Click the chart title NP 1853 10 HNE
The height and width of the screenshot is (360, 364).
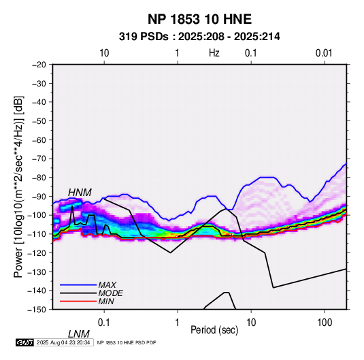click(x=199, y=19)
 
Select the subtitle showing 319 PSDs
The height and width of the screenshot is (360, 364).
click(x=199, y=37)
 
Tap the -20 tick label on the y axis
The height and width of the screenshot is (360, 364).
click(x=39, y=65)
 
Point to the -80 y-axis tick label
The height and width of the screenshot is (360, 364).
click(x=39, y=178)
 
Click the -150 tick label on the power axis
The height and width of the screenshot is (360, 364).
click(x=37, y=310)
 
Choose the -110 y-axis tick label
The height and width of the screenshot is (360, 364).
click(x=37, y=234)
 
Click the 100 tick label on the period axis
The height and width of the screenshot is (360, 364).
click(x=325, y=323)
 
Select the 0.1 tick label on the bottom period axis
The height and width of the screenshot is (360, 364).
click(x=103, y=323)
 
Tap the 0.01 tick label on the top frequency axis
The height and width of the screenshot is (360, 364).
click(x=324, y=53)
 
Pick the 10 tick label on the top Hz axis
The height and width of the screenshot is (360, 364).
click(x=104, y=53)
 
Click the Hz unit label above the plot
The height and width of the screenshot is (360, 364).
click(x=214, y=53)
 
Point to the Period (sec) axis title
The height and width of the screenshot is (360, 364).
click(x=214, y=330)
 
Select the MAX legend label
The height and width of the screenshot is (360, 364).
click(x=107, y=284)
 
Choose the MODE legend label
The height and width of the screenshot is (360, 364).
click(x=110, y=293)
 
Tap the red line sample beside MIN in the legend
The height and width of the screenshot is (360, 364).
click(x=78, y=301)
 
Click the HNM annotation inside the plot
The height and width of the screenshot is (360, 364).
click(x=80, y=193)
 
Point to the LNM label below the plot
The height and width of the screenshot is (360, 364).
click(x=78, y=334)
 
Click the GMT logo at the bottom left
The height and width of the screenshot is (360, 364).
click(x=25, y=342)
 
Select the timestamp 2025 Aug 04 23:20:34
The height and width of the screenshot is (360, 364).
click(x=63, y=342)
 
